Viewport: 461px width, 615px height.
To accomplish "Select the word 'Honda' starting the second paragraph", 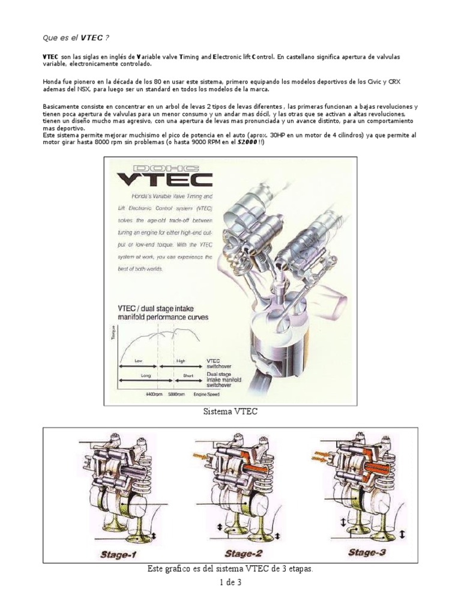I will (x=52, y=82).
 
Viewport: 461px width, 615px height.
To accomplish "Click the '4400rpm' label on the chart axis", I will (x=154, y=395).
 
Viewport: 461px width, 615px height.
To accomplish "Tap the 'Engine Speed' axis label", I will (x=206, y=395).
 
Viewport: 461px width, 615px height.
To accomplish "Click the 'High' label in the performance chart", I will (x=181, y=361).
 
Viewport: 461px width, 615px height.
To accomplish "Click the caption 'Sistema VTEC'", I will (x=230, y=413).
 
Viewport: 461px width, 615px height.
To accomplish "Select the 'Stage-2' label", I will (x=243, y=554).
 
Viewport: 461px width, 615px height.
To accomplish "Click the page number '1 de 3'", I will (x=230, y=581).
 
